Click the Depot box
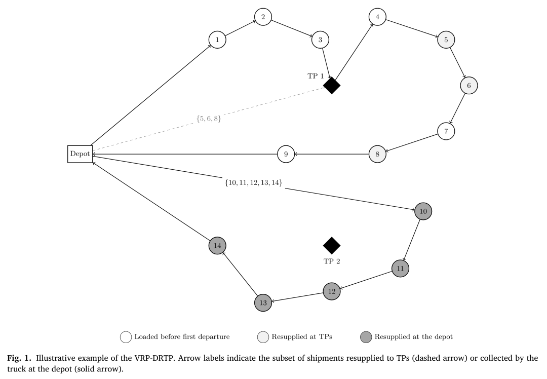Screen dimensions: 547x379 [80, 154]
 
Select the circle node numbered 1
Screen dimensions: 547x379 [217, 40]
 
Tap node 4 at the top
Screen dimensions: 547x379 [377, 17]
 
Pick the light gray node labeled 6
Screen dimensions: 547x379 [469, 86]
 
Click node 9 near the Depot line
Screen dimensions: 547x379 [286, 154]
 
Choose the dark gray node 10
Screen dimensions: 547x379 [423, 211]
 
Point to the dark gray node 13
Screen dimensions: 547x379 [263, 302]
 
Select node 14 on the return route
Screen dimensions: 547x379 [217, 246]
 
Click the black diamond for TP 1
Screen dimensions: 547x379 [332, 86]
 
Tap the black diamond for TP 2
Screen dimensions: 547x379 [332, 246]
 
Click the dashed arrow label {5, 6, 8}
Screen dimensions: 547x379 [209, 119]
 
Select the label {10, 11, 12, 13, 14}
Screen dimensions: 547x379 [254, 182]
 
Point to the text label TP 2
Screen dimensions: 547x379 [332, 261]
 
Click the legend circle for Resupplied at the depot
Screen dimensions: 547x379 [366, 337]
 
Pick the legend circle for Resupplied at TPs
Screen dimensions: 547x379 [263, 337]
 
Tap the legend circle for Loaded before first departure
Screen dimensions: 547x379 [126, 337]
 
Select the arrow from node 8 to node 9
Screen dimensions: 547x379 [332, 154]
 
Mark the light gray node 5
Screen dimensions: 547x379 [446, 40]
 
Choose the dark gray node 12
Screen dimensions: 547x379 [332, 291]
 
